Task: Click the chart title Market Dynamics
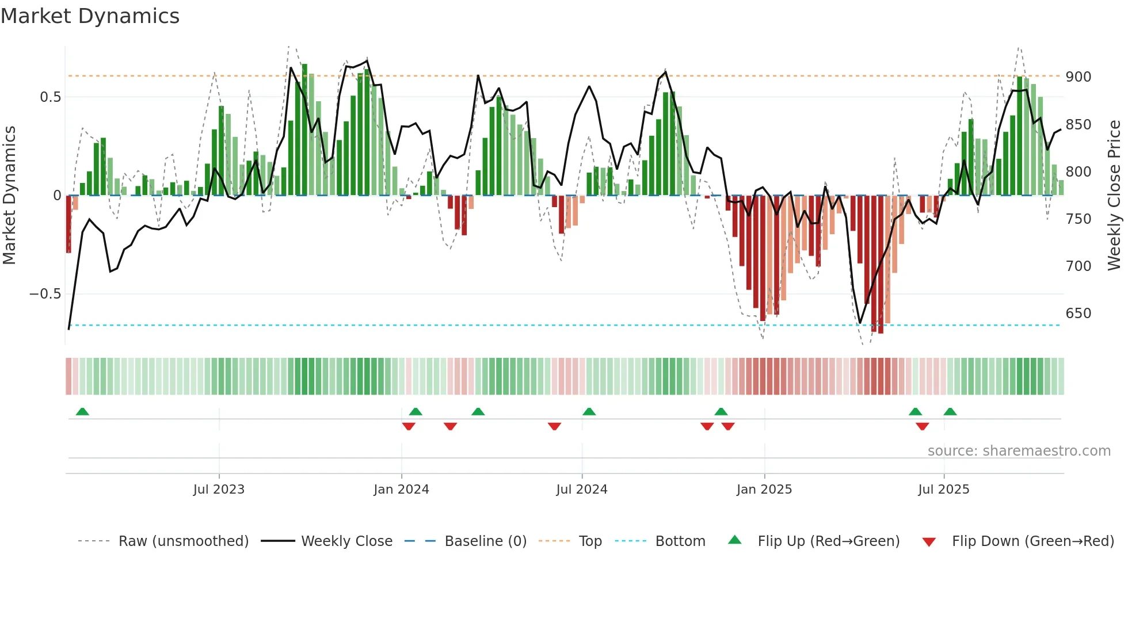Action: point(90,16)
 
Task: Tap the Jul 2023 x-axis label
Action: point(219,490)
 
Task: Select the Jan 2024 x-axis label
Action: point(401,490)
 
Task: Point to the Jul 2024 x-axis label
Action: point(581,490)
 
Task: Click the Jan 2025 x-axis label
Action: point(764,490)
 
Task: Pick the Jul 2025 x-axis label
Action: point(943,490)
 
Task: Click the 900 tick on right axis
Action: point(1078,77)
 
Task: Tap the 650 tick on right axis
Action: point(1078,314)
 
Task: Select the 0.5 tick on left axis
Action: point(51,97)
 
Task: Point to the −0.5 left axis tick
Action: point(45,294)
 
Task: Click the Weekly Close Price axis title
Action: point(1114,196)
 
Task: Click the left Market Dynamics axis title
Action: point(9,196)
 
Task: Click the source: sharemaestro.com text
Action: point(1019,451)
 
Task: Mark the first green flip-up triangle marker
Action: point(82,411)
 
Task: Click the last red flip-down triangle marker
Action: point(922,426)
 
